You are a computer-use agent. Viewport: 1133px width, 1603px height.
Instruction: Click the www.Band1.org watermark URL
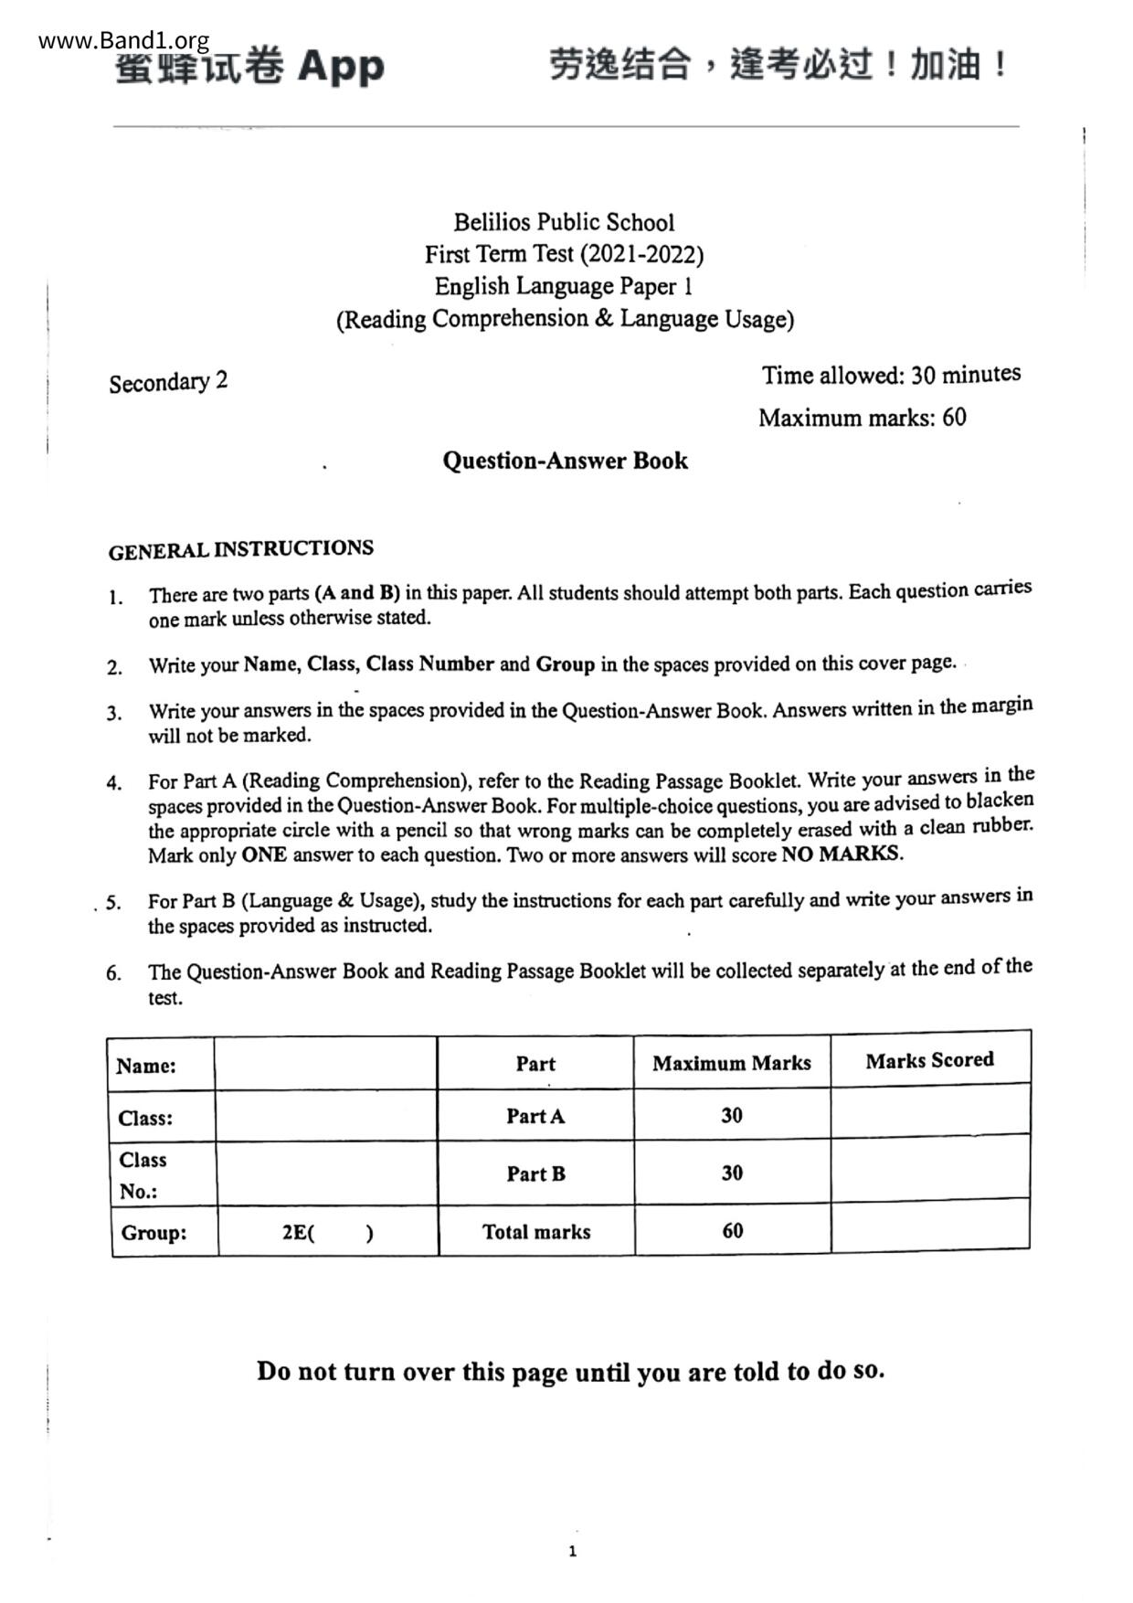coord(124,41)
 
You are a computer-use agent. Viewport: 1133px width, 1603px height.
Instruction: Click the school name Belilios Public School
coord(564,222)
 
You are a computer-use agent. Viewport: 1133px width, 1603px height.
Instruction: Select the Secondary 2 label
coord(168,382)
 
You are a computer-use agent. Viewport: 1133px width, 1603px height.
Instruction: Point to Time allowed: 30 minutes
coord(891,375)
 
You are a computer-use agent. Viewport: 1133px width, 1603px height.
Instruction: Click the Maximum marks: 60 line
coord(862,418)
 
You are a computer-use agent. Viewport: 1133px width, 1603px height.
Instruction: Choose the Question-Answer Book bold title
coord(565,461)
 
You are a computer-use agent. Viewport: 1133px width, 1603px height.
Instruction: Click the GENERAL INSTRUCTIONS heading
coord(240,549)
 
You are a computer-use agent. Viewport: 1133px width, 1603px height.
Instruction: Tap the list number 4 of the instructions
coord(113,783)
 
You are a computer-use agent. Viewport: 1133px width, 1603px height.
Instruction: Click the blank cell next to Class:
coord(326,1117)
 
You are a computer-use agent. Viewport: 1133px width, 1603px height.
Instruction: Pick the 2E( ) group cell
coord(327,1233)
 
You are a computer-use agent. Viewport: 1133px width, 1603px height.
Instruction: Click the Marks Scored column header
coord(929,1060)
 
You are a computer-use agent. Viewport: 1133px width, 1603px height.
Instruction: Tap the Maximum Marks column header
coord(731,1063)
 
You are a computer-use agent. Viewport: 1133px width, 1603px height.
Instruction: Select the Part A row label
coord(535,1116)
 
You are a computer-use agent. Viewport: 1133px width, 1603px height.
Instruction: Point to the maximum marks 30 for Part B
coord(732,1173)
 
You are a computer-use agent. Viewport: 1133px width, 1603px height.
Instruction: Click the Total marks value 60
coord(732,1231)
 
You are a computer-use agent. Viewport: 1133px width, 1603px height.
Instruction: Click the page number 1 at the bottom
coord(572,1551)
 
